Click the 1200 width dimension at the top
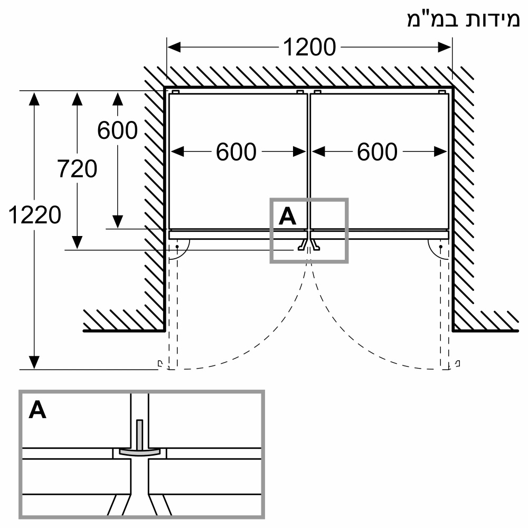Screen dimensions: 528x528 coord(309,48)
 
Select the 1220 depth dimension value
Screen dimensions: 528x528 coord(35,215)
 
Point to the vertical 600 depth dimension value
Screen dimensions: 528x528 coord(117,130)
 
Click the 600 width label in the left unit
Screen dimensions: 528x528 coord(236,152)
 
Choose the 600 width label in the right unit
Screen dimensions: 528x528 coord(377,152)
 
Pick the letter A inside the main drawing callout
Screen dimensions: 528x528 coord(287,216)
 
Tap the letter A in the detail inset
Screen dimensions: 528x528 coord(37,410)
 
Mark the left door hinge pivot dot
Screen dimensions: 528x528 coord(177,247)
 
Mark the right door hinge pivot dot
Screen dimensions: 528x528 coord(440,247)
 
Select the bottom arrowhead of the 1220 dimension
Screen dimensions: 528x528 coord(34,363)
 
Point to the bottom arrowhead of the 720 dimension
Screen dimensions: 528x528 coord(78,242)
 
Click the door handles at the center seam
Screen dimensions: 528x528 coord(308,244)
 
